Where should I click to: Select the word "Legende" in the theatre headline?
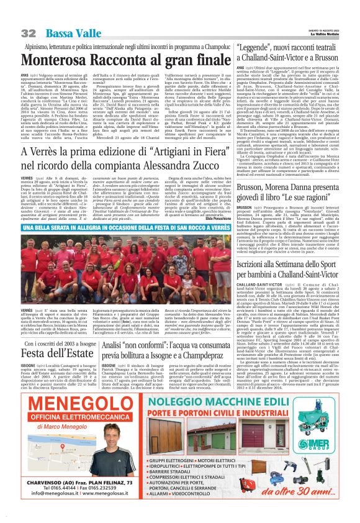[256, 47]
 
